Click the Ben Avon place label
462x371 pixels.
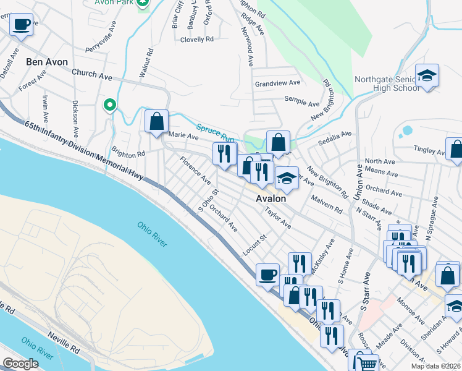[47, 62]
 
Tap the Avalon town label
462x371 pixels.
[271, 199]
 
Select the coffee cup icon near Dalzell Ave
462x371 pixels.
[22, 25]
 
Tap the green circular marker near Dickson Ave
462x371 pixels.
[110, 105]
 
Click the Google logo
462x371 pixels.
[20, 364]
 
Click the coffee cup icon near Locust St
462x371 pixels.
[267, 274]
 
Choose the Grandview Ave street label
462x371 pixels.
[277, 83]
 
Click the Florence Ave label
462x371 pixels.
[195, 170]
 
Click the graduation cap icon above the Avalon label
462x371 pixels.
[286, 178]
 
